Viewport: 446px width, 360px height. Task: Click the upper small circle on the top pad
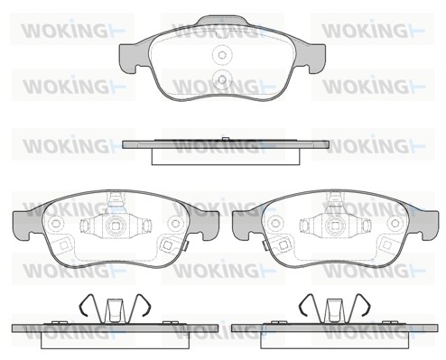click(222, 55)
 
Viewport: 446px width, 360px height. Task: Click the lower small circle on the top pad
click(222, 79)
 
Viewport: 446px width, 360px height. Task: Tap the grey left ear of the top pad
click(133, 58)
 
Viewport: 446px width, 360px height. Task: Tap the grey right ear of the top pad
click(311, 58)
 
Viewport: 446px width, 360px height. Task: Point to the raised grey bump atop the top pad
click(222, 22)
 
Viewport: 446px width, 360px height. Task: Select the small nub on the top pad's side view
click(225, 139)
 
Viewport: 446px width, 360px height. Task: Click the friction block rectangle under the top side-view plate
click(227, 156)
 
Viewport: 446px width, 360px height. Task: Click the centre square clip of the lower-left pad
click(115, 226)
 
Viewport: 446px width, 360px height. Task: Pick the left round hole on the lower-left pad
click(56, 224)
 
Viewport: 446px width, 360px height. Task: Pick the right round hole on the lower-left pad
click(174, 224)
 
